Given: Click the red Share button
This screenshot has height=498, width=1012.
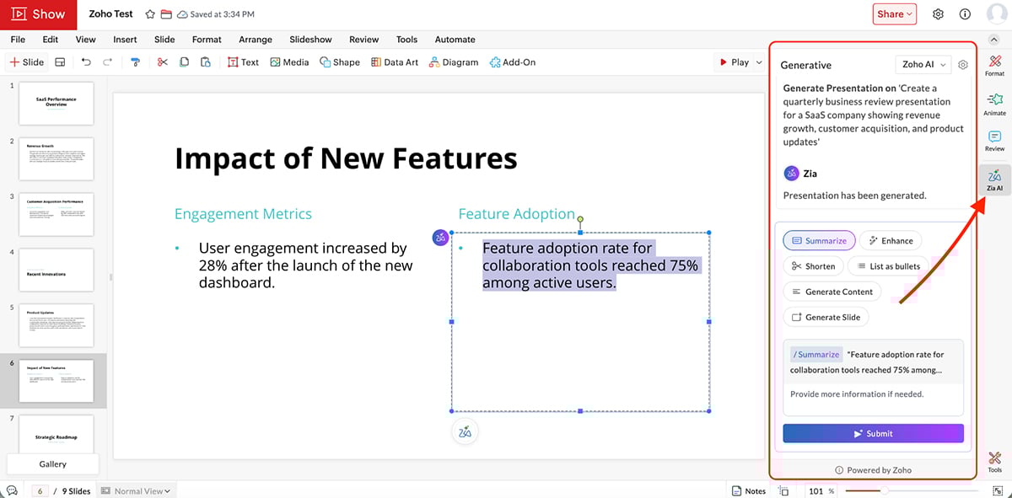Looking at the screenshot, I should pos(894,13).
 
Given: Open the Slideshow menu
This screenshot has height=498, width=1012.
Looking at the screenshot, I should pos(310,40).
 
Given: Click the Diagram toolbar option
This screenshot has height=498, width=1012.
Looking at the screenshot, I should pos(454,62).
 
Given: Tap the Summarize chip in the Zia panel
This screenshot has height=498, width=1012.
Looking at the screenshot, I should pos(819,241).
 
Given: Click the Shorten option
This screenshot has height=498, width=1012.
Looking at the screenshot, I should pos(813,266).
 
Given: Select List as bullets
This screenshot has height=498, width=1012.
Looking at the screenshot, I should pos(888,266).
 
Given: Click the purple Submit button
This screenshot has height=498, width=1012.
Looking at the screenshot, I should pos(873,433).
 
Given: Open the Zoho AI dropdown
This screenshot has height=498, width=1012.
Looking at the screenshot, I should pos(923,65).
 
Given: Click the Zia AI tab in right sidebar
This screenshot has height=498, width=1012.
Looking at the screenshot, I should pos(994,179).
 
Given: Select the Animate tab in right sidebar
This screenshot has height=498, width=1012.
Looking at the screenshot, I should pos(994,104).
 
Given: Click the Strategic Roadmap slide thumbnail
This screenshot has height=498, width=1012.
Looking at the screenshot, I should pos(56,436).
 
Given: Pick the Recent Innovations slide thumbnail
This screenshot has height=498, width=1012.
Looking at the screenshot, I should pos(56,270).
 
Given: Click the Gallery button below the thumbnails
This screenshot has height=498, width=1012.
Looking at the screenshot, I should pos(52,464).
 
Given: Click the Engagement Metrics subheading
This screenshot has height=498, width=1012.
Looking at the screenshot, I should pos(243,214).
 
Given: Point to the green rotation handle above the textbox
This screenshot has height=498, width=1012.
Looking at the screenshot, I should pos(580,219).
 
